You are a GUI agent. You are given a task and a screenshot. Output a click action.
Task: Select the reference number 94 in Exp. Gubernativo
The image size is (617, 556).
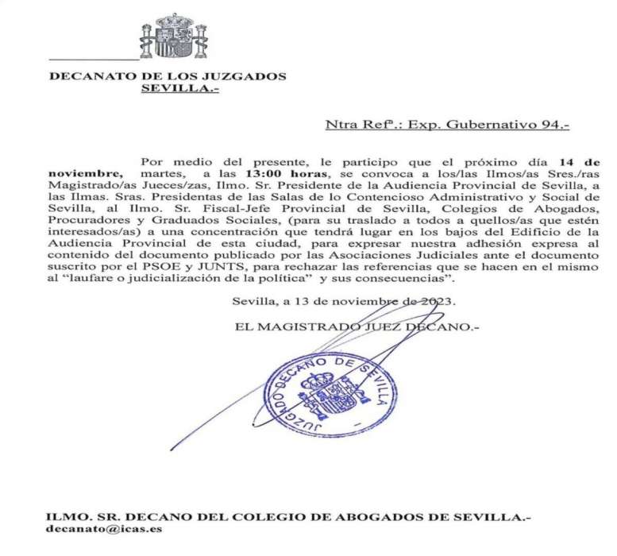pyautogui.click(x=553, y=125)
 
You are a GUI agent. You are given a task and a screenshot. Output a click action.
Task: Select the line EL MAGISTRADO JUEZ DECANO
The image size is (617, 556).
pyautogui.click(x=357, y=326)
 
